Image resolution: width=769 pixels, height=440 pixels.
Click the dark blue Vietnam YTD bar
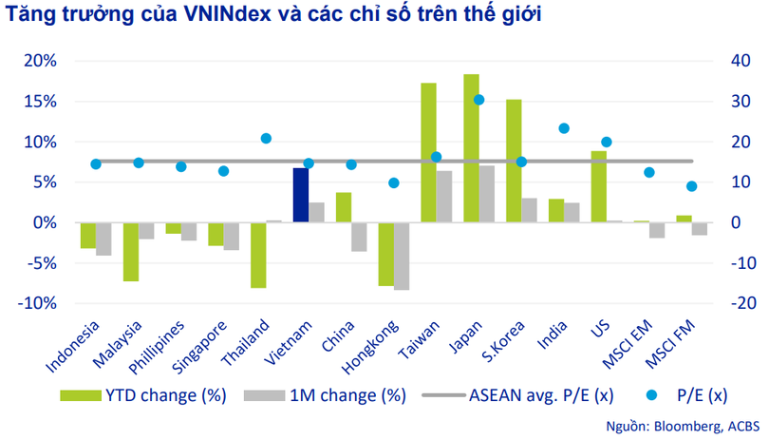[300, 195]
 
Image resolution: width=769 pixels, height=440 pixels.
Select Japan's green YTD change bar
[471, 148]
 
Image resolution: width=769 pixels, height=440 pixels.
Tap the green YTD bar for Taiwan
[428, 152]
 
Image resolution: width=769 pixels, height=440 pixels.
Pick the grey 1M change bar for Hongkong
[402, 256]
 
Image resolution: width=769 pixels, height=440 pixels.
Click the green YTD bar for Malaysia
[130, 252]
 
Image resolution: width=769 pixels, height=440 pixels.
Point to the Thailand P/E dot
[266, 139]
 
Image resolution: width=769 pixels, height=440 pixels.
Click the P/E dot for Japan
[478, 100]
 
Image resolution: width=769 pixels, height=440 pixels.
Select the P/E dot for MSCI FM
[691, 186]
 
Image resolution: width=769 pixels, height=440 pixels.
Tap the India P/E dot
[564, 128]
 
